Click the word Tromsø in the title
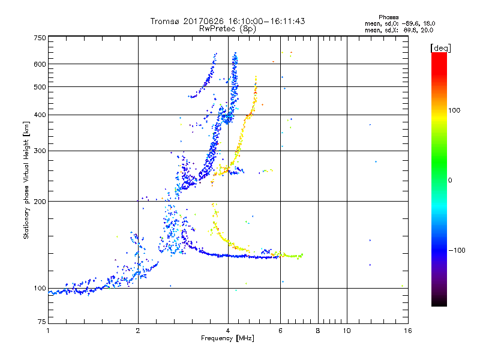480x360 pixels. pyautogui.click(x=164, y=21)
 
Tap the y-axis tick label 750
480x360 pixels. pyautogui.click(x=39, y=38)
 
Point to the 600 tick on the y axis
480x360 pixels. pyautogui.click(x=39, y=64)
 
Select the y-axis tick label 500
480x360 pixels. pyautogui.click(x=39, y=87)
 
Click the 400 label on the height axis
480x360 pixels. pyautogui.click(x=39, y=115)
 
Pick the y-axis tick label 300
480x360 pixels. pyautogui.click(x=39, y=151)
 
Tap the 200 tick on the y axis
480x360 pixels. pyautogui.click(x=39, y=201)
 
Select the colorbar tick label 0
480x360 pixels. pyautogui.click(x=449, y=180)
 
